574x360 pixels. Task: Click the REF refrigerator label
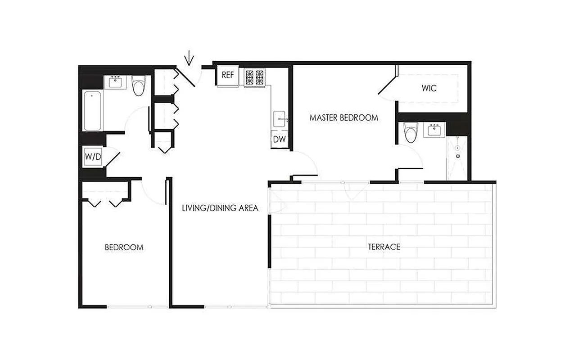click(228, 75)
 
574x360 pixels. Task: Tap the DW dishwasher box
click(280, 139)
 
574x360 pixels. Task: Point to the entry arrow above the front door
click(190, 58)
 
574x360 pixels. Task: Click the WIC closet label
click(429, 88)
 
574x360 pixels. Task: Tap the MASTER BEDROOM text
click(343, 118)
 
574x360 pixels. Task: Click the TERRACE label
click(384, 247)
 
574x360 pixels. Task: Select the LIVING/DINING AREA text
click(220, 208)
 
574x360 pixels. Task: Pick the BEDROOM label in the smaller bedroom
click(124, 247)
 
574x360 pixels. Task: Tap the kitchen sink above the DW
click(280, 119)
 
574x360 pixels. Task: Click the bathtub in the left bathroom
click(92, 111)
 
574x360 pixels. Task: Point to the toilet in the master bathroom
click(411, 132)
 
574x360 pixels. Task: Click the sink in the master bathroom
click(434, 130)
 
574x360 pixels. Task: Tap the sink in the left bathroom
click(115, 82)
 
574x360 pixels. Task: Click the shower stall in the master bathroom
click(457, 157)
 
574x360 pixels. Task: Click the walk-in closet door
click(387, 88)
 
